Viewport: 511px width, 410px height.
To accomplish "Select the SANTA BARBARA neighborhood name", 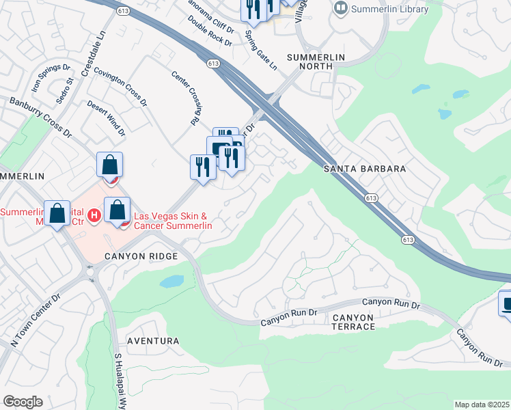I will [365, 169].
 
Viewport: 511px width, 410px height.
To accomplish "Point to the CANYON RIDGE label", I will [141, 256].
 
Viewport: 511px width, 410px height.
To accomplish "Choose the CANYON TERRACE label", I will [354, 322].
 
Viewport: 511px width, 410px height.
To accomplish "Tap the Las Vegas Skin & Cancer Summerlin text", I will [172, 221].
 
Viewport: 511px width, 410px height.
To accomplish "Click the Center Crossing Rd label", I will [185, 98].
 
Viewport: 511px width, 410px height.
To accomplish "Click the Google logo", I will [23, 402].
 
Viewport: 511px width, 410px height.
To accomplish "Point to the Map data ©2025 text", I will [482, 405].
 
